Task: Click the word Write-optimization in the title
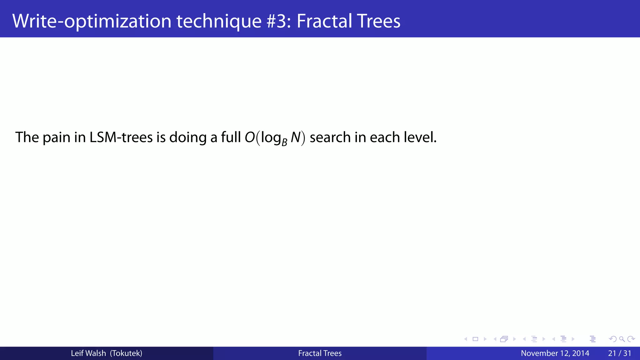pyautogui.click(x=92, y=21)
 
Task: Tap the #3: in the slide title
pyautogui.click(x=279, y=21)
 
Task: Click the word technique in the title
pyautogui.click(x=219, y=21)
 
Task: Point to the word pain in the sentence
pyautogui.click(x=56, y=138)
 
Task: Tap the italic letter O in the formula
pyautogui.click(x=250, y=137)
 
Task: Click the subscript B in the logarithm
pyautogui.click(x=284, y=143)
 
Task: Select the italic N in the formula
pyautogui.click(x=295, y=137)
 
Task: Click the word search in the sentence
pyautogui.click(x=330, y=137)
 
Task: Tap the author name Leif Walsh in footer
pyautogui.click(x=88, y=353)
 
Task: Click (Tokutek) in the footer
pyautogui.click(x=126, y=353)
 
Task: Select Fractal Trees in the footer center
pyautogui.click(x=320, y=353)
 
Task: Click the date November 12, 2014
pyautogui.click(x=555, y=353)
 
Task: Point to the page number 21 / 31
pyautogui.click(x=619, y=353)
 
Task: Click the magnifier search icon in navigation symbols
pyautogui.click(x=622, y=339)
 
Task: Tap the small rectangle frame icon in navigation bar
pyautogui.click(x=475, y=339)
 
